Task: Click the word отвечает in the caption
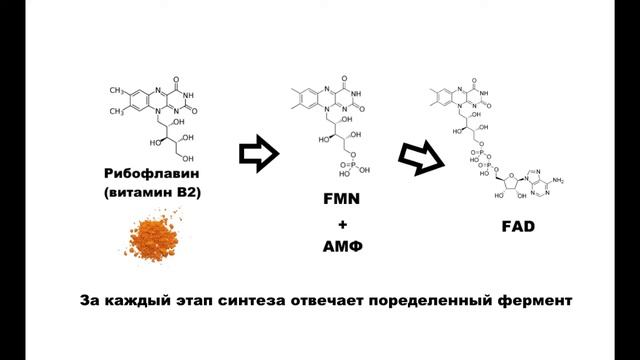click(346, 300)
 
